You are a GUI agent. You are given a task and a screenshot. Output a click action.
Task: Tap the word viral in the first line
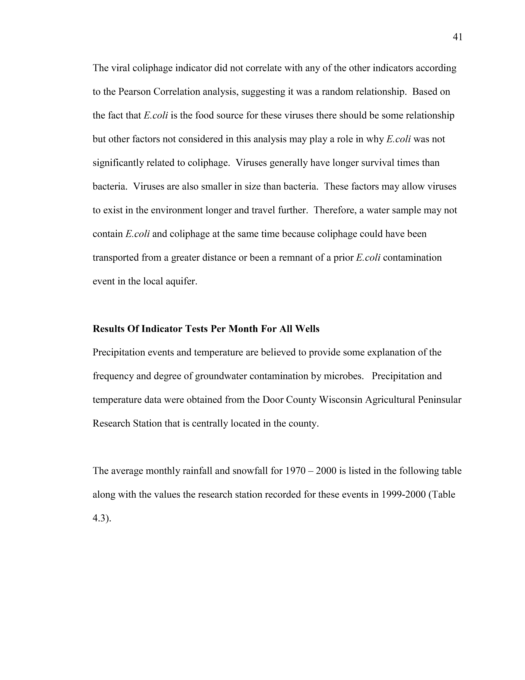(120, 68)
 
